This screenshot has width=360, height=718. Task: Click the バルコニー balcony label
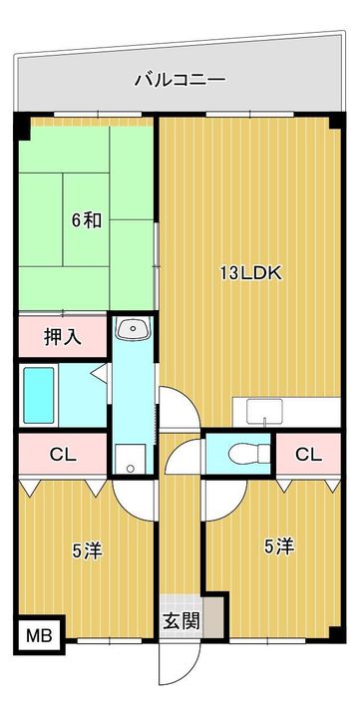click(180, 80)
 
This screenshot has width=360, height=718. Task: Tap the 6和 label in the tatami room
click(87, 221)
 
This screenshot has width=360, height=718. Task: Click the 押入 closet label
click(63, 337)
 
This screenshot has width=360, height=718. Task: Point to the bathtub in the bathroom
click(39, 395)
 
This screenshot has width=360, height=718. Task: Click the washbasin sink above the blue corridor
click(133, 328)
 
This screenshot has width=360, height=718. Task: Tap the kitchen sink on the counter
click(264, 411)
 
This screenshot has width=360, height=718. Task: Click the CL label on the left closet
click(63, 455)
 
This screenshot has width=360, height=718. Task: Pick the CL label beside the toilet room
click(308, 455)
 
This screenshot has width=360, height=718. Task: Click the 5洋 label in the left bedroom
click(87, 551)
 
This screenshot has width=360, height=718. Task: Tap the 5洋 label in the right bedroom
click(279, 546)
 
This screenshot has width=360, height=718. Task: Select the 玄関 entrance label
click(181, 621)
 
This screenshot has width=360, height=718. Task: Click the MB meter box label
click(39, 635)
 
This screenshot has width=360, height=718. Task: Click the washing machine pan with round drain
click(131, 460)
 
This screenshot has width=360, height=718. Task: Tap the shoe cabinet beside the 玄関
click(213, 616)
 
